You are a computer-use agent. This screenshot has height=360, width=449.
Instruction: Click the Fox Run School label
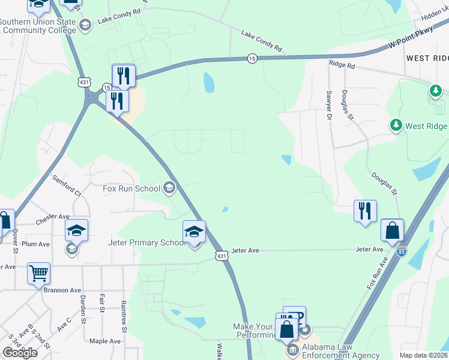[131, 188]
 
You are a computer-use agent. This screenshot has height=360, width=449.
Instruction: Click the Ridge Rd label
[342, 63]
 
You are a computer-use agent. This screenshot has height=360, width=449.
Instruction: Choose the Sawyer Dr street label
[329, 105]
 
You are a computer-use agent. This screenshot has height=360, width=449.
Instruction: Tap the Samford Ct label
[67, 186]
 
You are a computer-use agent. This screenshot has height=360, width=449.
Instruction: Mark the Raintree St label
[124, 316]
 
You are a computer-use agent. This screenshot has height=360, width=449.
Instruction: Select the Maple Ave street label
[105, 341]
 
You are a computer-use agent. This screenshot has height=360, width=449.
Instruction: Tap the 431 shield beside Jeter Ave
[222, 256]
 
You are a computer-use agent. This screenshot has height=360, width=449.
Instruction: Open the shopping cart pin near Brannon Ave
[38, 273]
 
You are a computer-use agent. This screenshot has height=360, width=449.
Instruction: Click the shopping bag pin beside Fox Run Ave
[392, 230]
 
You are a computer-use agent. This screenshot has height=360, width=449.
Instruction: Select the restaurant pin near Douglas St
[365, 211]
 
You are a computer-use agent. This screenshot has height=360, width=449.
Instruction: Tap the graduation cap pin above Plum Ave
[76, 230]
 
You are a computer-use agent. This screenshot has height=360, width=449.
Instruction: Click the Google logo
[20, 353]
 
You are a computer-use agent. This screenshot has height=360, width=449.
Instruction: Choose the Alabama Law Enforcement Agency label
[341, 350]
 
